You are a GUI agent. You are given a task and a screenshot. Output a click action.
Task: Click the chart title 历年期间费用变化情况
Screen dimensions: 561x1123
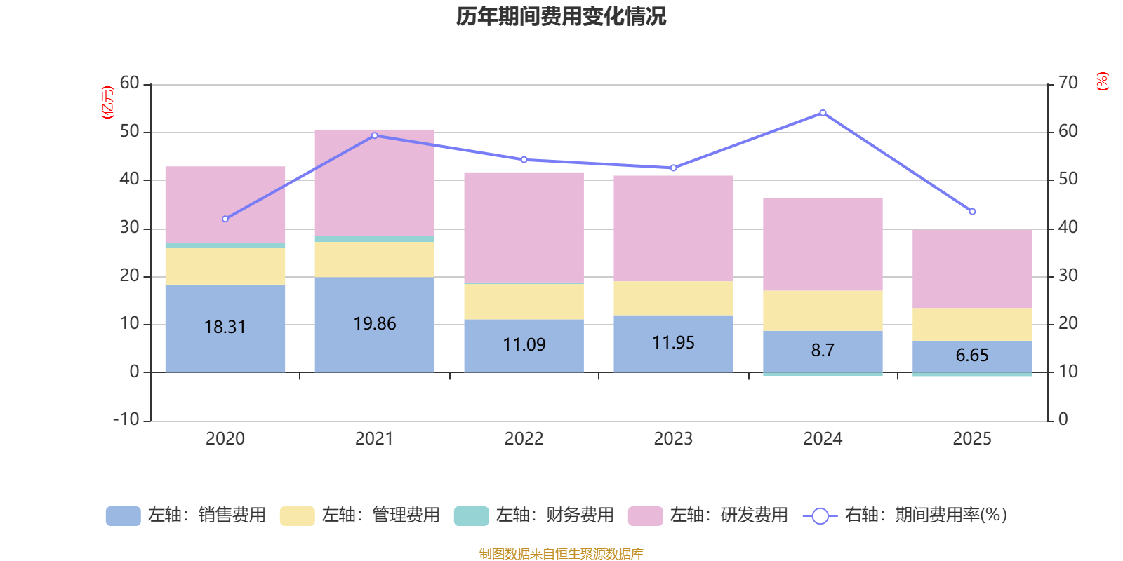(x=561, y=16)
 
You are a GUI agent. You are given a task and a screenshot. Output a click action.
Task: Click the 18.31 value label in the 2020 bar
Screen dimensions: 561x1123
(x=225, y=327)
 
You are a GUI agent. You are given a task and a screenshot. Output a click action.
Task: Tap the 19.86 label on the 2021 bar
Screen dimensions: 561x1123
(x=375, y=323)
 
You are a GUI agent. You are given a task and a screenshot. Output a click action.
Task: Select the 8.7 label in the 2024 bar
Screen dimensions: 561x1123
(x=823, y=350)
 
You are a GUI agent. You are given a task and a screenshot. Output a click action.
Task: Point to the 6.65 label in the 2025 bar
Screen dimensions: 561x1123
(x=972, y=355)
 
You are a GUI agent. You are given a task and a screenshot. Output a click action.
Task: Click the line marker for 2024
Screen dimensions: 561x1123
(x=823, y=112)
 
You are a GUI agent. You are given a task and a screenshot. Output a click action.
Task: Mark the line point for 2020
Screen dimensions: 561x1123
(x=225, y=219)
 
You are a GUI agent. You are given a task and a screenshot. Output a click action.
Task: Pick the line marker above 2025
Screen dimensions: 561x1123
(x=972, y=212)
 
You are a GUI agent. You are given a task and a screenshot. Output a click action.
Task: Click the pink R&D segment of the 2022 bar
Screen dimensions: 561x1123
(x=524, y=227)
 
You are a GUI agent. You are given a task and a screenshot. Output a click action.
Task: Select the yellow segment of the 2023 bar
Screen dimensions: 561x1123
(x=673, y=298)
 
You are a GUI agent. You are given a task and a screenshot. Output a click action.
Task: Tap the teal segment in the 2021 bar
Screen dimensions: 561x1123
(x=375, y=239)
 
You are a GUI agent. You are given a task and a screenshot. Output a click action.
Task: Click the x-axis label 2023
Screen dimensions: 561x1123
(x=673, y=438)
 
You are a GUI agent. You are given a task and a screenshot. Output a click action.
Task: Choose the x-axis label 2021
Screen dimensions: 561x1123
(x=374, y=438)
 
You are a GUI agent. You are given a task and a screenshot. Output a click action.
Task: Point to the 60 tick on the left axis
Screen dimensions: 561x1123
(x=130, y=83)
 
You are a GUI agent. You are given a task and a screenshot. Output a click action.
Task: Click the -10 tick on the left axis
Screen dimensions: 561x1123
(x=126, y=419)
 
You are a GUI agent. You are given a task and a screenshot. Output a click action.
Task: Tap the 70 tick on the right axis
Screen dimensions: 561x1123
(x=1068, y=83)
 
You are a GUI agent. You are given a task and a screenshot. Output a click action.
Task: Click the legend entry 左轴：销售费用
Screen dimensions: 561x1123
(x=186, y=515)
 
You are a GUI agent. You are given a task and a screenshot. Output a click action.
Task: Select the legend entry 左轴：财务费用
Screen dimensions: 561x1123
(x=534, y=515)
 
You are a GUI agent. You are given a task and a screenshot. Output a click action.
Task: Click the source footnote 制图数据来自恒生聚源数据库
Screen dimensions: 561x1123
(x=561, y=554)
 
